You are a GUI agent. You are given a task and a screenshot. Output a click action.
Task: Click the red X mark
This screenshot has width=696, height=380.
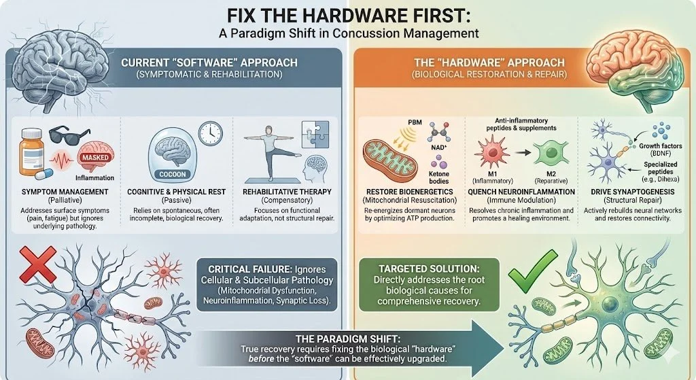(x=38, y=264)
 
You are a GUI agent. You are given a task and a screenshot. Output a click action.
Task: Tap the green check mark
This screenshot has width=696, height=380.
(x=532, y=269)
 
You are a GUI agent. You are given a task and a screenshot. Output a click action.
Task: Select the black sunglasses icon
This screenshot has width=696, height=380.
(x=69, y=134)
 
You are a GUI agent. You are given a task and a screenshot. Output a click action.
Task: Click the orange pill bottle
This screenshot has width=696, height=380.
(x=31, y=152)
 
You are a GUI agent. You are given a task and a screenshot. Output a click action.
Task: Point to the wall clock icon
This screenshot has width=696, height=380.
(x=210, y=133)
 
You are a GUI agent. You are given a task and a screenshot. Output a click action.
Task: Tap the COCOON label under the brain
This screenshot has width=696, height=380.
(x=173, y=175)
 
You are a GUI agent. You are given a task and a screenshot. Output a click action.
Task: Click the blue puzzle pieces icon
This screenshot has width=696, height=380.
(x=315, y=134)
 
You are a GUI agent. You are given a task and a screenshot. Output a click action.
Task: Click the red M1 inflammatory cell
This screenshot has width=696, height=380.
(x=491, y=152)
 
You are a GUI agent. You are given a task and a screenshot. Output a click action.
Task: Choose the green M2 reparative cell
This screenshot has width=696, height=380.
(x=551, y=152)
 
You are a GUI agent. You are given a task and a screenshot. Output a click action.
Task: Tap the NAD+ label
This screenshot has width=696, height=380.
(x=438, y=147)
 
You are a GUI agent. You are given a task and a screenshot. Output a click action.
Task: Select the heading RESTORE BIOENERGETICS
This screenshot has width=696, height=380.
(x=408, y=192)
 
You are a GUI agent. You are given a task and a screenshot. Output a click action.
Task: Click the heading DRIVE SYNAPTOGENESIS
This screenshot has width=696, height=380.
(x=633, y=192)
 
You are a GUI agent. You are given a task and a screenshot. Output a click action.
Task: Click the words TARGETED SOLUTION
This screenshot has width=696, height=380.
(x=429, y=269)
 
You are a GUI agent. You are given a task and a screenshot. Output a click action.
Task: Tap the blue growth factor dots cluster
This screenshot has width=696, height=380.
(x=661, y=132)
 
